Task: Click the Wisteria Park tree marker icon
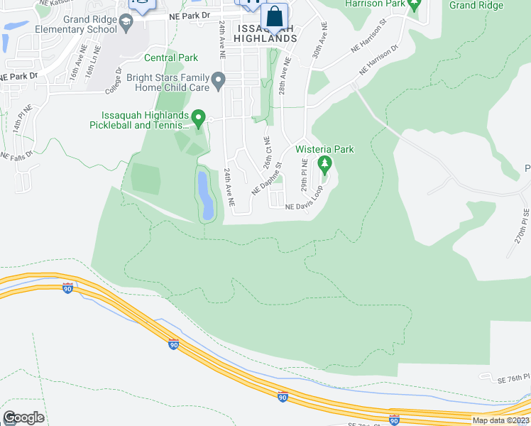pos(325,165)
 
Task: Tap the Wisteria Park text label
pos(324,149)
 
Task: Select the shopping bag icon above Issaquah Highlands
pos(274,16)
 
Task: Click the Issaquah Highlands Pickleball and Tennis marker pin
pos(199,119)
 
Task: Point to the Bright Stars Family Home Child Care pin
pos(219,80)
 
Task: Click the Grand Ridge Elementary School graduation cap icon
pos(126,22)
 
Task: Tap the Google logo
pos(23,417)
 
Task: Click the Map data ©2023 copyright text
pos(500,420)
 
